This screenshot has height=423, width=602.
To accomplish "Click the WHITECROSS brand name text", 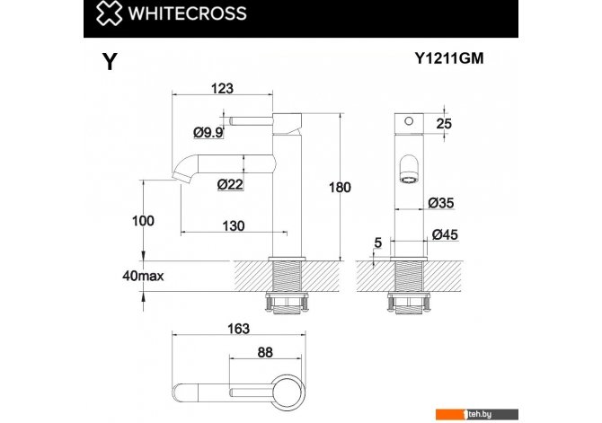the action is click(188, 13).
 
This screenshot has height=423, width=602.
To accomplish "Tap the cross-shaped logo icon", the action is click(109, 13).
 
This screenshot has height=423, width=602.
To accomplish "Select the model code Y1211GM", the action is click(449, 58).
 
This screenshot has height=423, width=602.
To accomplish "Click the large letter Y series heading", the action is click(110, 61).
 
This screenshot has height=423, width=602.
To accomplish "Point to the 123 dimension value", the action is click(222, 88).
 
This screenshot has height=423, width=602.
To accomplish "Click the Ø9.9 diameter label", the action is click(208, 133).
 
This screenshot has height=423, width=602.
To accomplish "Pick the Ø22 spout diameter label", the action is click(230, 185).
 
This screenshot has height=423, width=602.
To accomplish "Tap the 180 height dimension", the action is click(340, 188).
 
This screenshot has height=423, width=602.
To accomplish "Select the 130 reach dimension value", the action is click(233, 225).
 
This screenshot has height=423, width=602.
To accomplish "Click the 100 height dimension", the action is click(143, 221).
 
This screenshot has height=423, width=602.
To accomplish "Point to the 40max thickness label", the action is click(143, 276).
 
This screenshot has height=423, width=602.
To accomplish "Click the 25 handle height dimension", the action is click(444, 124).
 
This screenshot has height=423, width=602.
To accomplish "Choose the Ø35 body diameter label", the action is click(441, 202).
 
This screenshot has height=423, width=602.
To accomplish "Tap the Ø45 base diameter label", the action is click(445, 234).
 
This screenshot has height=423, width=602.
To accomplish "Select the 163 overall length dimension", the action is click(238, 329).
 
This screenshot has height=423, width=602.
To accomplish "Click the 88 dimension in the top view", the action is click(265, 352).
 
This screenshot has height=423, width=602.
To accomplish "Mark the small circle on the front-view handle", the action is click(409, 121).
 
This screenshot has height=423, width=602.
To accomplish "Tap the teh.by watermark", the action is click(477, 414).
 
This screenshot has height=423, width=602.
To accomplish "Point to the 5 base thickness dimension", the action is click(378, 242).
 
